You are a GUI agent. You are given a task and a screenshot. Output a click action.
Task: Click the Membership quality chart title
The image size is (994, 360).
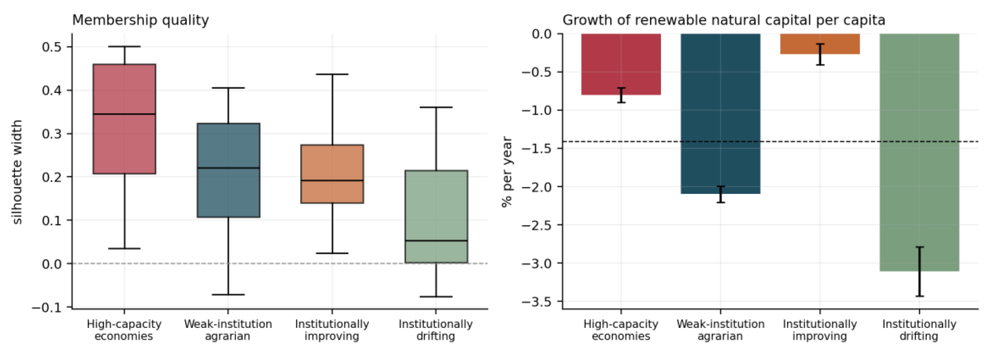pos(140,20)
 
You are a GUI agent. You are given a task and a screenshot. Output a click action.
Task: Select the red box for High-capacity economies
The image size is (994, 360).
pos(124,119)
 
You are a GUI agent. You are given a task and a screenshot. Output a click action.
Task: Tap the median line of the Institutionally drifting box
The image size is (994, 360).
pos(436,241)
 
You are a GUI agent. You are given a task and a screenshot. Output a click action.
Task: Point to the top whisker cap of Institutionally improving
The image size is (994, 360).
pos(332,74)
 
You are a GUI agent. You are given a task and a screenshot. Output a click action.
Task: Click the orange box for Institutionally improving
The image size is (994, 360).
pos(332,174)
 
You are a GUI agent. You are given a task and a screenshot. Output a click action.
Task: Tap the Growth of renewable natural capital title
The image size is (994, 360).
pos(724,20)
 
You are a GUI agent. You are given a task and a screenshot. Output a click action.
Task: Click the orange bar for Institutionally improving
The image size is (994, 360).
pos(820,44)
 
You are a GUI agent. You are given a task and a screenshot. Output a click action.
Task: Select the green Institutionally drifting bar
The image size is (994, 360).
pos(919,153)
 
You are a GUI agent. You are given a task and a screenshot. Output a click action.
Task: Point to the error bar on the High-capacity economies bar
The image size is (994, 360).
pos(621,95)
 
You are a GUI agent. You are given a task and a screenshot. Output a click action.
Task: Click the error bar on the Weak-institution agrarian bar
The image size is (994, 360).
pos(720,194)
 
